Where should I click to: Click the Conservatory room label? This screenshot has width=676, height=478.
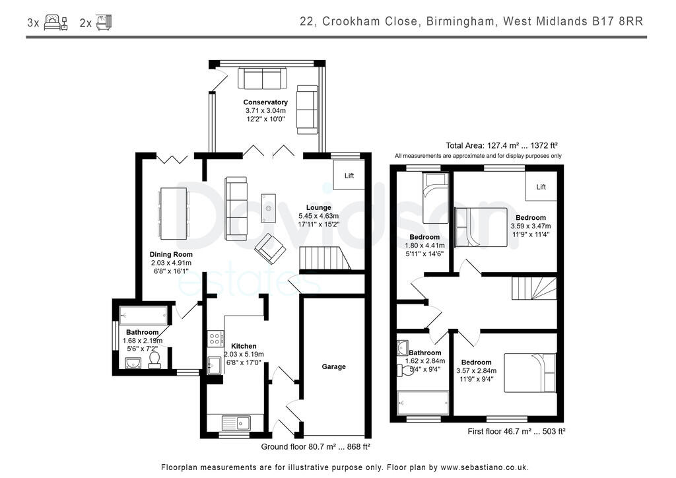click(265, 102)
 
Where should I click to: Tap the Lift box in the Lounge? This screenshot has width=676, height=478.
click(349, 176)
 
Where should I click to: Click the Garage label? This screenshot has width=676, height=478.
click(333, 366)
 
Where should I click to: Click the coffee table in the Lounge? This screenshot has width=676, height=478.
click(268, 208)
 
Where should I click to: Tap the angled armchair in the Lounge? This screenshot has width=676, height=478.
click(271, 248)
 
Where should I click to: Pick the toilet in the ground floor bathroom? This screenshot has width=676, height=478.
click(154, 359)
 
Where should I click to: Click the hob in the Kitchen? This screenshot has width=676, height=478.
click(215, 339)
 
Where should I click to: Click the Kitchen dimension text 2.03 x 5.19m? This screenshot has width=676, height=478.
click(244, 355)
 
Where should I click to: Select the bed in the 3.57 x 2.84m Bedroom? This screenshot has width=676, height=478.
click(529, 373)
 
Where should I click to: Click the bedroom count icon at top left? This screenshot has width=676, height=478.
click(55, 22)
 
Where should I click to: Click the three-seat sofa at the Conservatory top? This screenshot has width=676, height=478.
click(262, 79)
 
